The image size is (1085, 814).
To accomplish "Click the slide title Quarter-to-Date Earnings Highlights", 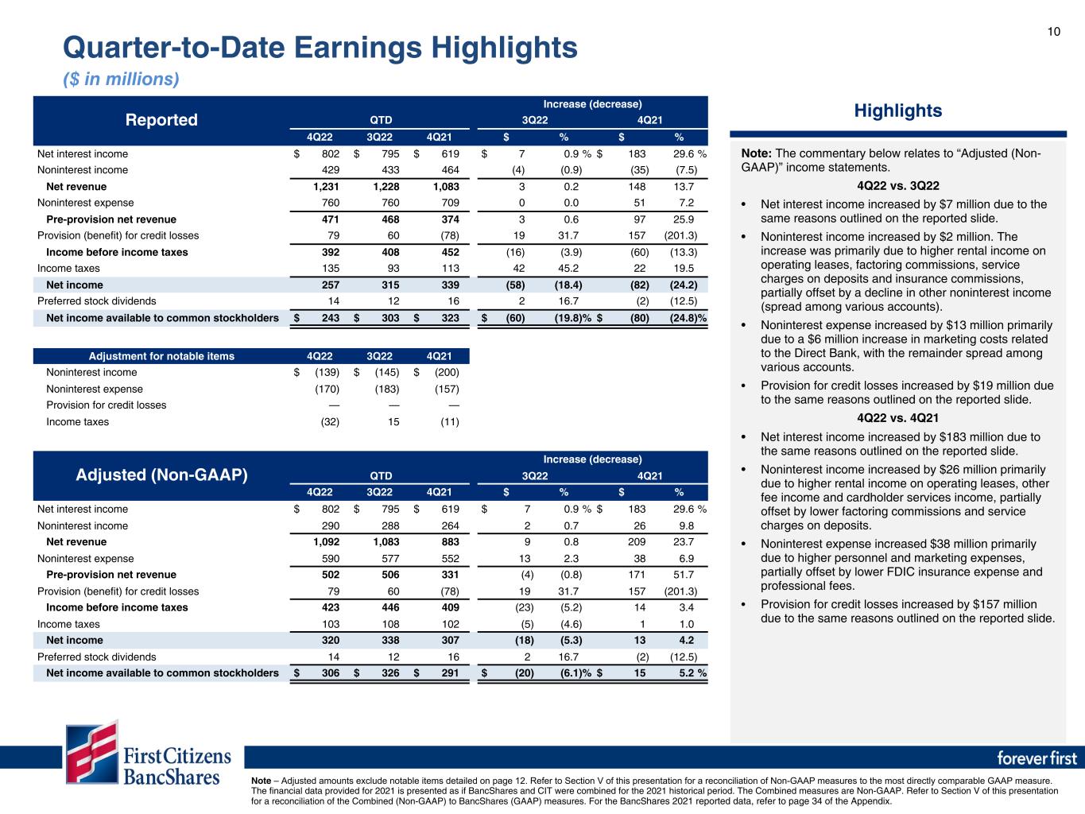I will (320, 48).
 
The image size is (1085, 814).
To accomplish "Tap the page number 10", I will (1053, 32).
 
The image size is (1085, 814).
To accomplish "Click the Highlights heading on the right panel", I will (897, 110).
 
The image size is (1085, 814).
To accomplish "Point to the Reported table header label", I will (161, 120).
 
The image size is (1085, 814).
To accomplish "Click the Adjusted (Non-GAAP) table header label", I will (161, 475).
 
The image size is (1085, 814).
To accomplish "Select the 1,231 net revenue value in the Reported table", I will (321, 187).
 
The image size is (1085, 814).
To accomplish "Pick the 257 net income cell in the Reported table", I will (327, 285).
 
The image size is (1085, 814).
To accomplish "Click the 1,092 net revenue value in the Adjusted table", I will (321, 542).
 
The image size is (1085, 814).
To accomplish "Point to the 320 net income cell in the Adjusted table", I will (327, 640).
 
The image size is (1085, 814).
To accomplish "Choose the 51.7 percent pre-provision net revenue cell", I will (684, 575).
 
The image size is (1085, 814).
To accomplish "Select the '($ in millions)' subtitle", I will (121, 79).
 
